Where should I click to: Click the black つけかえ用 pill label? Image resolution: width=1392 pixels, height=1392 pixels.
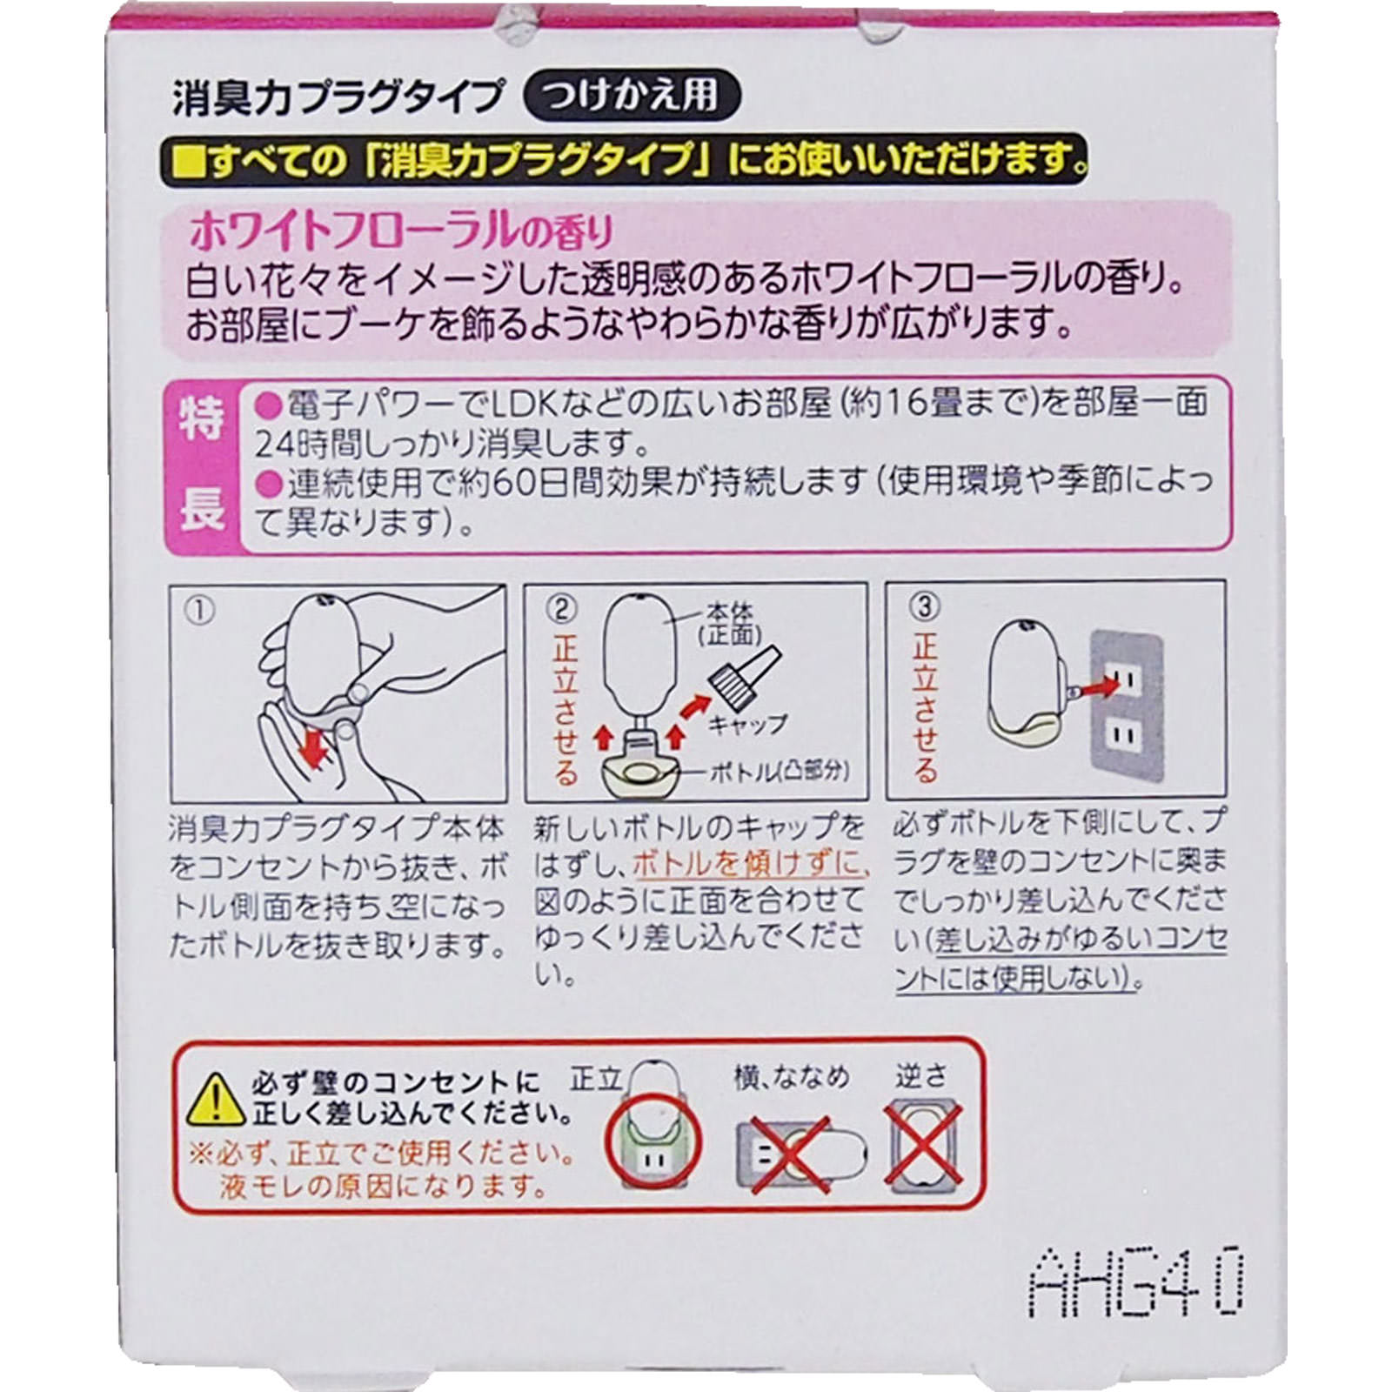pos(632,96)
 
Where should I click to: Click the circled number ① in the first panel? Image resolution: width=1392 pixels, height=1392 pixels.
pos(199,611)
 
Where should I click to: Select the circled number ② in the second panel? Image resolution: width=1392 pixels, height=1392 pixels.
pos(562,609)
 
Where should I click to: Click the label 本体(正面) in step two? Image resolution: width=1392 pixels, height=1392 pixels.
pos(729,624)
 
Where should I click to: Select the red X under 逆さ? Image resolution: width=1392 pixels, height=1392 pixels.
pos(923,1145)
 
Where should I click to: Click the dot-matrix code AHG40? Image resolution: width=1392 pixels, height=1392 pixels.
pos(1136,1282)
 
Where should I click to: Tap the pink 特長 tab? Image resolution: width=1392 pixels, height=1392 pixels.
pos(202,465)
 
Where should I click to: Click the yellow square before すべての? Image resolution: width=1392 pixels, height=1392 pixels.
pos(187,162)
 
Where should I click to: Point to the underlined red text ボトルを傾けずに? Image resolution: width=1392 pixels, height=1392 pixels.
pos(750,864)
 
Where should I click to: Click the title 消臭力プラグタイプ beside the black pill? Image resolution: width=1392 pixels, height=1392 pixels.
pos(338,97)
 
